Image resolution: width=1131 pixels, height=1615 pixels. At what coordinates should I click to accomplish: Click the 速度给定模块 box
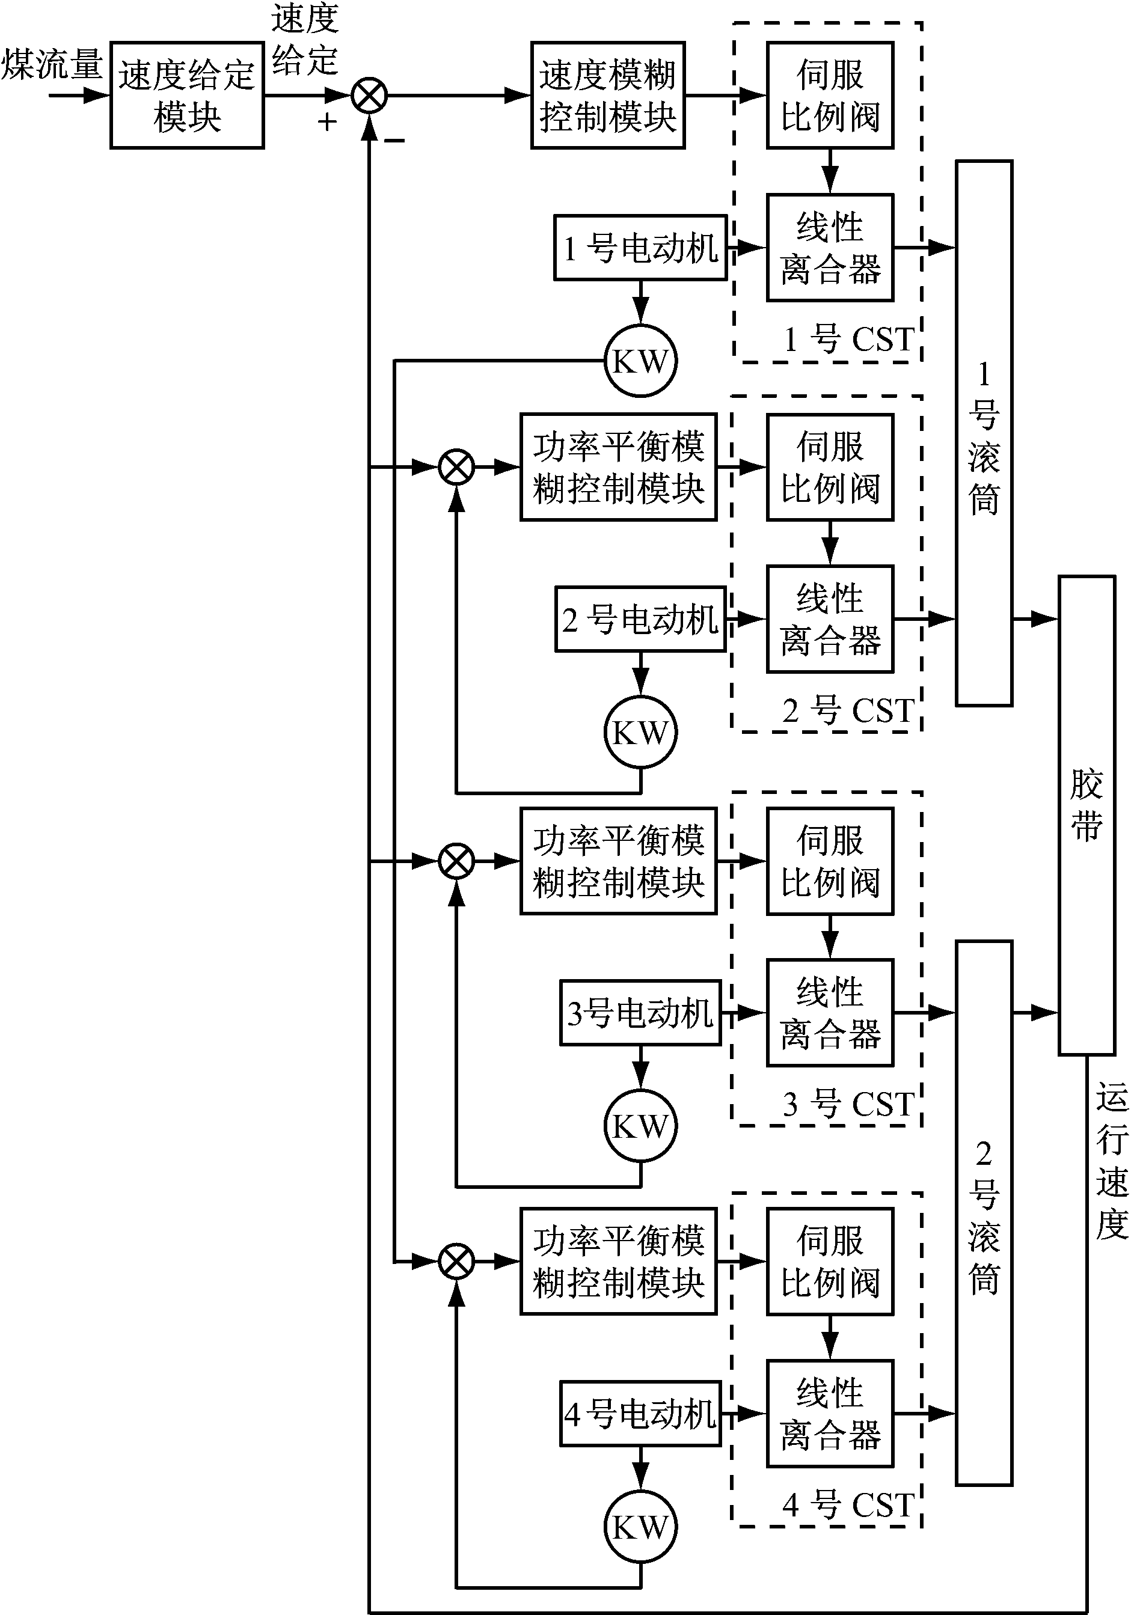coord(186,95)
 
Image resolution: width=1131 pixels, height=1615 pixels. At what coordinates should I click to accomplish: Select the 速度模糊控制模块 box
coord(607,95)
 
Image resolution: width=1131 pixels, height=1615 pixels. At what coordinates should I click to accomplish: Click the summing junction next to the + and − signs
coord(369,95)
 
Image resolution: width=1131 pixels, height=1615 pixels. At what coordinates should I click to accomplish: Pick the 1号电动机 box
coord(640,248)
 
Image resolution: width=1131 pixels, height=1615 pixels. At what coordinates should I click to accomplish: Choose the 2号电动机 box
coord(640,619)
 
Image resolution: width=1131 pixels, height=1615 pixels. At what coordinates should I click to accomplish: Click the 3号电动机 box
coord(640,1013)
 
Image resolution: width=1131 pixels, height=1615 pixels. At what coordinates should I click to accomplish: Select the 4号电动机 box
coord(640,1413)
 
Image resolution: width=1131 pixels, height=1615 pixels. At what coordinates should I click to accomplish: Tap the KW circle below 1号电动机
coord(640,361)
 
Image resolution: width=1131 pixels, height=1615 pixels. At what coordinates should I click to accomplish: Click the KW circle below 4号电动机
coord(640,1527)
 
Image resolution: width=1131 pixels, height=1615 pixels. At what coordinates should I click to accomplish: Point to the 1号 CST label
coord(848,340)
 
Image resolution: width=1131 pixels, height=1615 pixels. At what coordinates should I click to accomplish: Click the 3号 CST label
coord(848,1104)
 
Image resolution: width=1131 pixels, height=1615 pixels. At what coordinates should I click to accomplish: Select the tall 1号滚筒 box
coord(983,433)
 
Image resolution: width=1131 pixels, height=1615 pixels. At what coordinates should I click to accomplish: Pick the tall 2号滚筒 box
coord(983,1214)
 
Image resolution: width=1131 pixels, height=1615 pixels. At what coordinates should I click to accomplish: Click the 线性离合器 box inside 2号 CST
coord(830,619)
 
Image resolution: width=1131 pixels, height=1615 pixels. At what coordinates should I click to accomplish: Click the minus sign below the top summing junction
coord(395,141)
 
